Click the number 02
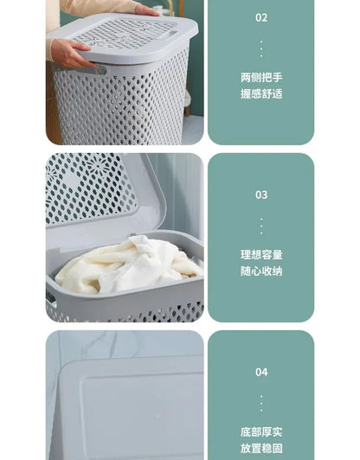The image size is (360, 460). (x=261, y=17)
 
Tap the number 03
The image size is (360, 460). (x=261, y=195)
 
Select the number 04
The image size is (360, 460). (x=261, y=372)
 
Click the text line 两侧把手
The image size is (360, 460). (x=261, y=77)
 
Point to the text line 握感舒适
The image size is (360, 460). (x=261, y=93)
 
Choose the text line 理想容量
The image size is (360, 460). (x=261, y=255)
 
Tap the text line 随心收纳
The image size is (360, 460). (x=261, y=272)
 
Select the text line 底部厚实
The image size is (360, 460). (x=261, y=431)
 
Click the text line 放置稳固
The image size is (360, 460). (x=261, y=449)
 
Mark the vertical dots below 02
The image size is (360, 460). (x=261, y=48)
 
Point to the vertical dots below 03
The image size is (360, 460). (x=261, y=225)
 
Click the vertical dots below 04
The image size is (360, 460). (x=261, y=402)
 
